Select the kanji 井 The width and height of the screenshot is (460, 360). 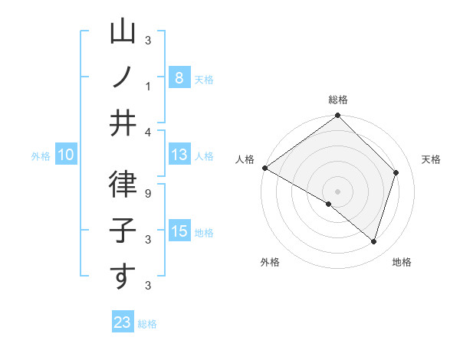(x=123, y=123)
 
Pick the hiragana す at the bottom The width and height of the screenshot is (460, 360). (x=123, y=277)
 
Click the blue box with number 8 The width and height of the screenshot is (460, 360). (x=179, y=77)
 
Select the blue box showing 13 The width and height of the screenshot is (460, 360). (x=179, y=155)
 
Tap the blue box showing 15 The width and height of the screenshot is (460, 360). (x=179, y=231)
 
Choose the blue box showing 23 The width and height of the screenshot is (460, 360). (x=123, y=322)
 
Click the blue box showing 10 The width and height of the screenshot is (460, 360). (x=66, y=155)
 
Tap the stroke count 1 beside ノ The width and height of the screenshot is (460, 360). (x=148, y=85)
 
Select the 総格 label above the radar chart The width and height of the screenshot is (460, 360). (x=338, y=100)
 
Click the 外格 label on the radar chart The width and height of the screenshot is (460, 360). (x=269, y=262)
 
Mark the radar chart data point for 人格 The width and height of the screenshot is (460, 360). (x=264, y=168)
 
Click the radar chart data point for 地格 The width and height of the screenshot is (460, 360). (x=374, y=242)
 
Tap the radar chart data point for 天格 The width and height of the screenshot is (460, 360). (x=396, y=172)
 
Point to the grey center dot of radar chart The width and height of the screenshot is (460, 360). (x=337, y=191)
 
